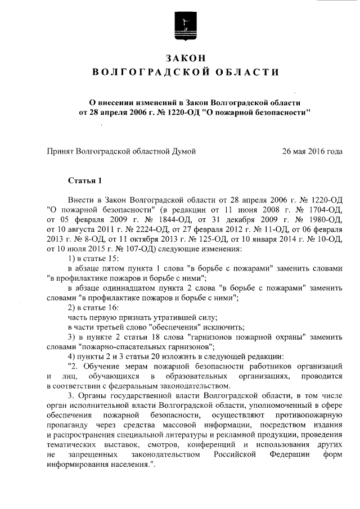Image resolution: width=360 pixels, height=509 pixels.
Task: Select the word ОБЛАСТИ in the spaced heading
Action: coord(251,73)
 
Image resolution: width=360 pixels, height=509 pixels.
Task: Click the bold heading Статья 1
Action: coord(84,181)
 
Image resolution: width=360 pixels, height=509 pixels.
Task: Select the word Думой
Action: coord(183,151)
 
